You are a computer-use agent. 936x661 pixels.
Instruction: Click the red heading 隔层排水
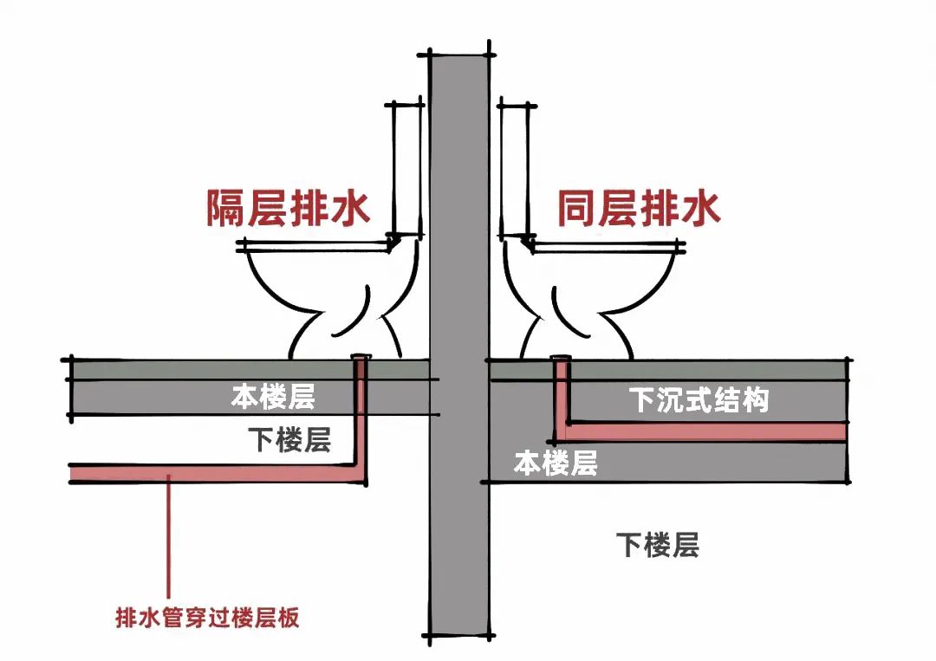coord(288,209)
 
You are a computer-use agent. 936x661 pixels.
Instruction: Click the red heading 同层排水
coord(638,209)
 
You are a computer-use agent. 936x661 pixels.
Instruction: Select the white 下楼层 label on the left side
coord(289,440)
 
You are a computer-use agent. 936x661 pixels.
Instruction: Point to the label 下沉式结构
coord(699,400)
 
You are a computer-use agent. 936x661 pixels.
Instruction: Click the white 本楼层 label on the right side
coord(556,463)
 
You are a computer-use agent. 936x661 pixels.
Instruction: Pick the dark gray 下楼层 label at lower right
coord(657,545)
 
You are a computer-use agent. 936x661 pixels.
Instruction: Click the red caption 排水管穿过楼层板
coord(207,619)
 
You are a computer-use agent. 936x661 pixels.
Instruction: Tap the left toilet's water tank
coord(406,169)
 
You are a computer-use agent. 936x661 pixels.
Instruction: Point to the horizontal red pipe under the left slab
coord(217,473)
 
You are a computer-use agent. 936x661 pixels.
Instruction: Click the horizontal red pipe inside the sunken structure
coord(702,431)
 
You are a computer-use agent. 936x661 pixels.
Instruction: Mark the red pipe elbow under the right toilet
coord(562,430)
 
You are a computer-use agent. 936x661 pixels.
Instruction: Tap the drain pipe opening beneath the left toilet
coord(361,356)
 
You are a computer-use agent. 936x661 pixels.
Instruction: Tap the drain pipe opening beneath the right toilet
coord(561,358)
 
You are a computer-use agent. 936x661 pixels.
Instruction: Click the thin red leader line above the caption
coord(170,537)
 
